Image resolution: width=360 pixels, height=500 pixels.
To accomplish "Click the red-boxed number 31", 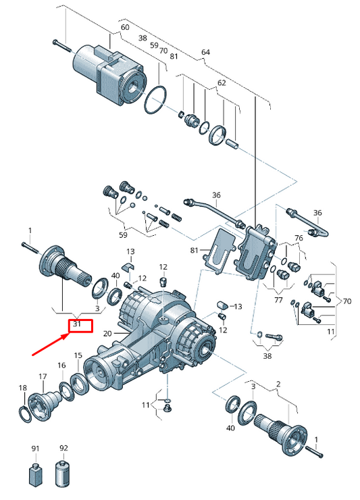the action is pos(77,324).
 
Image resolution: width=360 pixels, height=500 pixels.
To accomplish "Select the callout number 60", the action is pos(125,27).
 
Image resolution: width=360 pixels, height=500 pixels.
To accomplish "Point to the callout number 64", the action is pos(206,52).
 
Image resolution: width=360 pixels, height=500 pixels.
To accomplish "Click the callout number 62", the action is pos(222,83).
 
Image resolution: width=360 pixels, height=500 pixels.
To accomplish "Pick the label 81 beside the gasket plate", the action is pos(195,250).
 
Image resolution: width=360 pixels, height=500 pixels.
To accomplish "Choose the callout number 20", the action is pos(108,334).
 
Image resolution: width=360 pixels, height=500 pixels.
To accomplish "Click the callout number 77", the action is pos(278,300).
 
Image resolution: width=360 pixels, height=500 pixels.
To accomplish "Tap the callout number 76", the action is pos(299,238).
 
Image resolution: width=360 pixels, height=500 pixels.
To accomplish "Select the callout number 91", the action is pos(35,449).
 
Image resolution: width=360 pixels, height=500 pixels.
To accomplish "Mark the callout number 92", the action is pos(63,448).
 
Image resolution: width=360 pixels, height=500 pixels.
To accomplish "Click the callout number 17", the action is pos(43,376).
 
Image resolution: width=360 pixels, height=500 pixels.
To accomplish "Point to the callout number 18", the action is pos(23,388).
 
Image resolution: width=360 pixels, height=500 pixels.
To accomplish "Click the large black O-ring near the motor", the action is pos(155,99).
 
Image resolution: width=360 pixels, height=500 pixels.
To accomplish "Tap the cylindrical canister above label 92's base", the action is pos(63,473).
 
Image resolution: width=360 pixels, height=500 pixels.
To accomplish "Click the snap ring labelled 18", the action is pos(26,415).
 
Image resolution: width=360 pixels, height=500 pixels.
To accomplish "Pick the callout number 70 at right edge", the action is pos(346,301).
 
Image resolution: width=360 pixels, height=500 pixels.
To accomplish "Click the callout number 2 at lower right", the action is pos(278,384).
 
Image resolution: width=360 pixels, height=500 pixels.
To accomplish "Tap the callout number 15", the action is pos(78,355).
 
